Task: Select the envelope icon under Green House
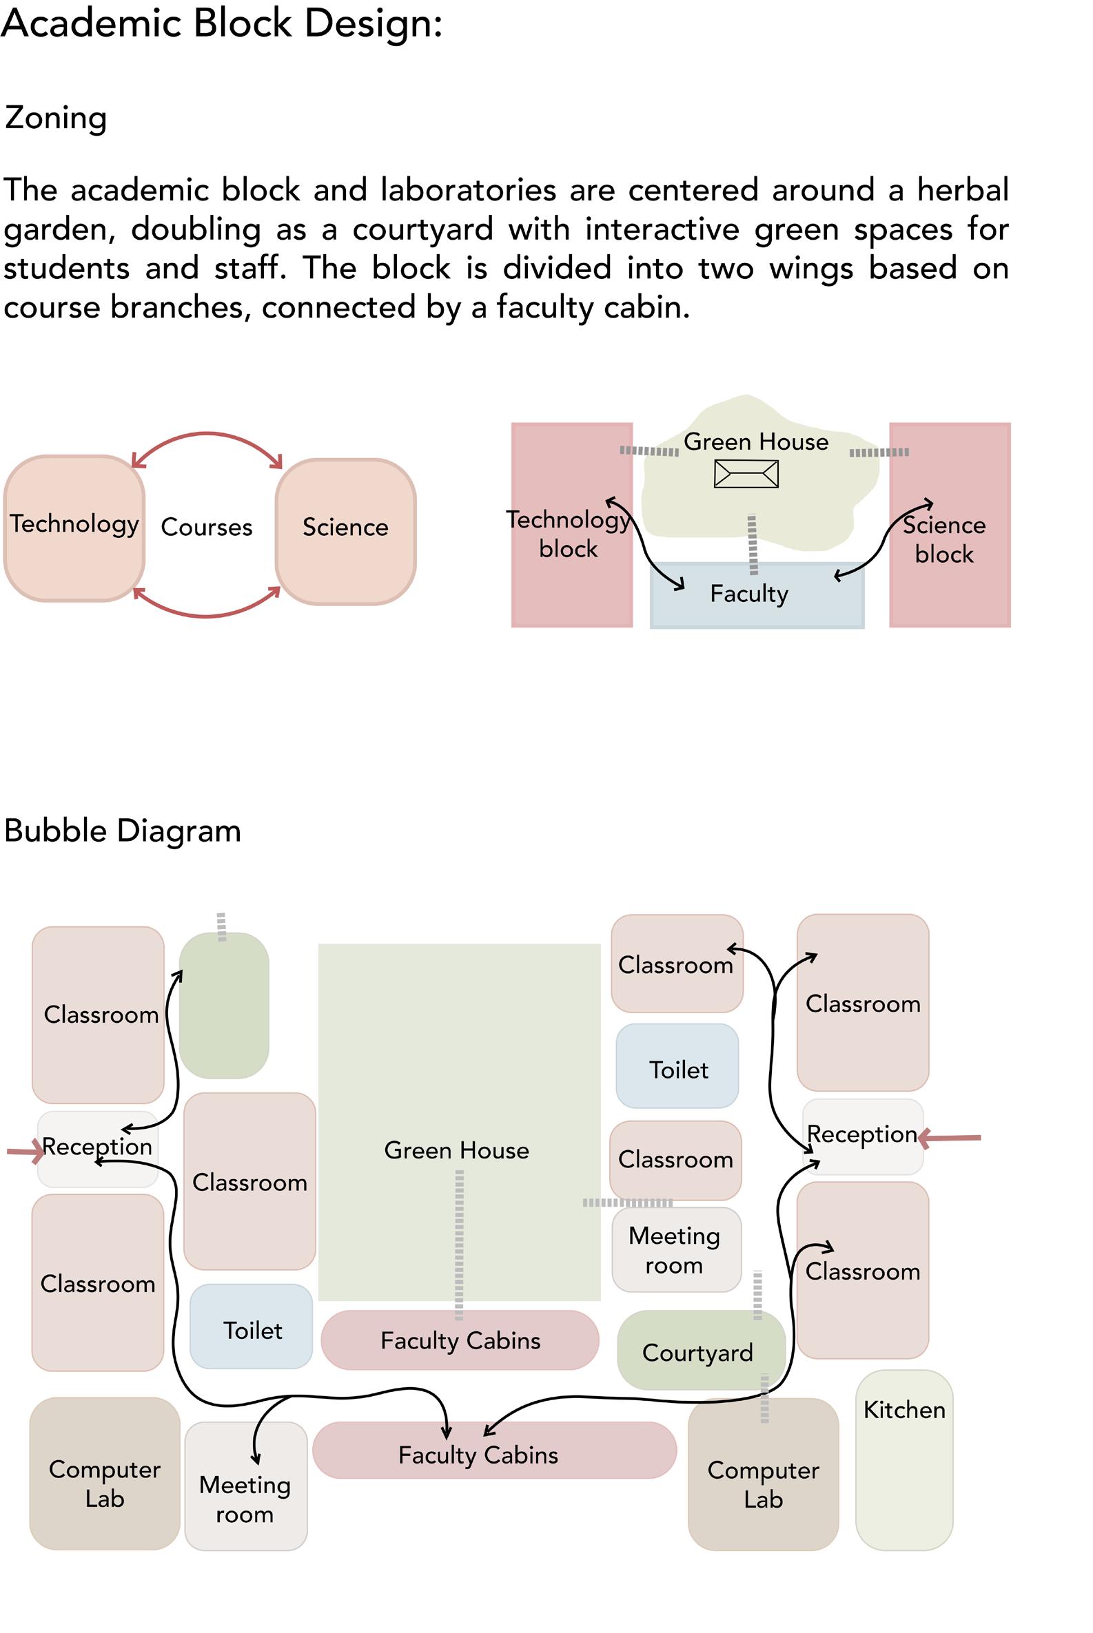coord(746,475)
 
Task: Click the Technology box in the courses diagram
coord(74,528)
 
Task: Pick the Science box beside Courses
coord(346,531)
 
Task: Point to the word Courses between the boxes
coord(206,528)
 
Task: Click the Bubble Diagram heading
coord(123,831)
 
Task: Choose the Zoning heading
coord(56,118)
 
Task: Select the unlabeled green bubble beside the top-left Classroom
coord(224,1006)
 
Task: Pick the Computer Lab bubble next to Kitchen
coord(764,1475)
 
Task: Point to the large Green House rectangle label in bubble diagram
coord(457,1150)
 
